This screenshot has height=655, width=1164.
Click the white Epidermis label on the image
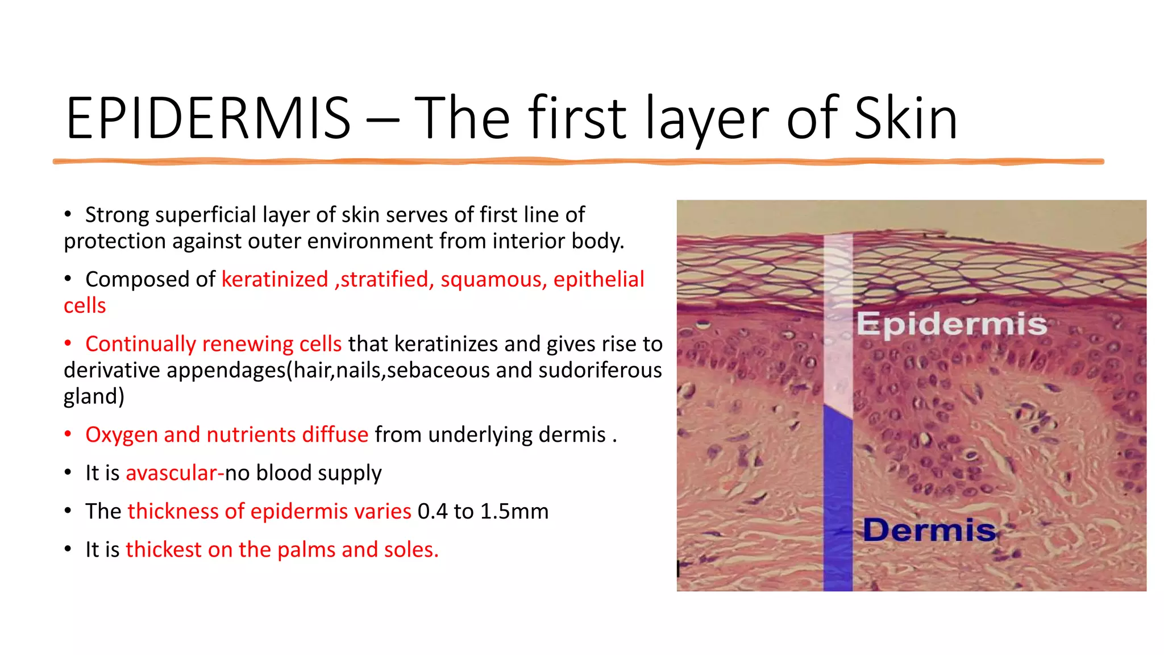(x=951, y=324)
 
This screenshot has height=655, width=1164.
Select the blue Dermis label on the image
(x=929, y=530)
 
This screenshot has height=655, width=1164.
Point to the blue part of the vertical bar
(x=838, y=500)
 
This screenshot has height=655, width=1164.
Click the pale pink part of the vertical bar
(x=838, y=318)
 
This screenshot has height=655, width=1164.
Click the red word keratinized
(x=275, y=279)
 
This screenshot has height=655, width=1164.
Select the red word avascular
(x=171, y=473)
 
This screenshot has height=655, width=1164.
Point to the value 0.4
(x=432, y=511)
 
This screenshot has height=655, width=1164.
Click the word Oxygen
(x=121, y=434)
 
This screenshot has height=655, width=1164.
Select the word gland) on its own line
(x=94, y=396)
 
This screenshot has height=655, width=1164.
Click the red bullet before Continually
(x=68, y=343)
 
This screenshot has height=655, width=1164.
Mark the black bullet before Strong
(x=68, y=214)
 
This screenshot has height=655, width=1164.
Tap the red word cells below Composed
(x=85, y=306)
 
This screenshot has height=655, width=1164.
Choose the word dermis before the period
(x=572, y=434)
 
